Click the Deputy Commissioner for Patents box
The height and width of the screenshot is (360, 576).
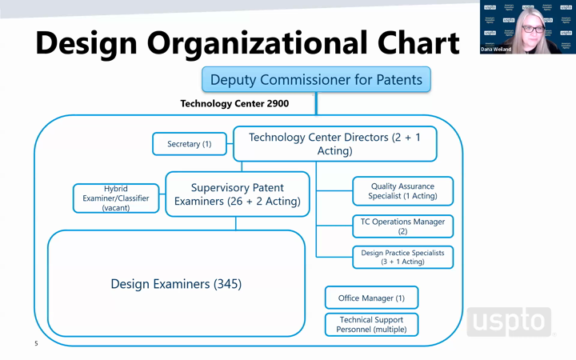(316, 79)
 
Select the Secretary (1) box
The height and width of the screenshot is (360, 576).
(190, 144)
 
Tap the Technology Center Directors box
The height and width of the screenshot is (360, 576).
(335, 144)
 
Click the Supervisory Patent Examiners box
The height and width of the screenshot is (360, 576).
(238, 194)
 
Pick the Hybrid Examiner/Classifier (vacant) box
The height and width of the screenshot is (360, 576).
(116, 198)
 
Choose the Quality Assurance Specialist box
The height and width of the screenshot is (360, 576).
(403, 191)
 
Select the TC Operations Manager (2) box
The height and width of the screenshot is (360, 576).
(403, 226)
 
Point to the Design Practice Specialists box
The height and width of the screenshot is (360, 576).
(403, 257)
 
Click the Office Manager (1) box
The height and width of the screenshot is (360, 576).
(371, 298)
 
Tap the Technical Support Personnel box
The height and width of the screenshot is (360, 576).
(371, 324)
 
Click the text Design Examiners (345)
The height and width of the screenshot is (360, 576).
(176, 284)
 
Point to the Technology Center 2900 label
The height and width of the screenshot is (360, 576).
(234, 103)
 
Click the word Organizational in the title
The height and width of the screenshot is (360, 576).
(258, 44)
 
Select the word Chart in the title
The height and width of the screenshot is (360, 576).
(418, 42)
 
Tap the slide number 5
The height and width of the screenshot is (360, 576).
(36, 343)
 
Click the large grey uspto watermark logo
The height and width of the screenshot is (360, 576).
(509, 322)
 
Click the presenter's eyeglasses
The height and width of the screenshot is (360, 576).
(533, 29)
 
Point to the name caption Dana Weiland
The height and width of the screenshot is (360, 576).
(496, 50)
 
